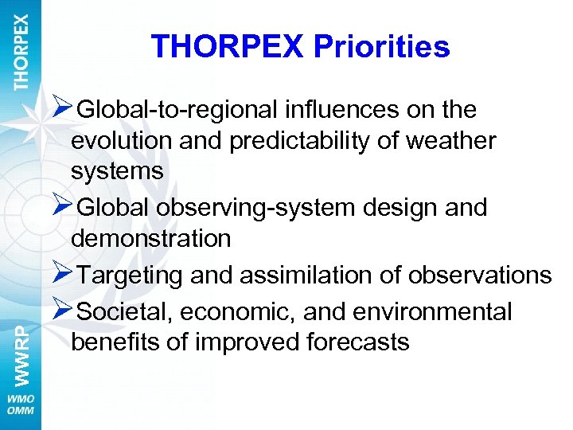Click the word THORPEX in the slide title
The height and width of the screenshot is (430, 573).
click(x=227, y=47)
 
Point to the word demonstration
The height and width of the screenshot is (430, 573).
click(x=150, y=237)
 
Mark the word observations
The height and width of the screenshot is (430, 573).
click(x=479, y=275)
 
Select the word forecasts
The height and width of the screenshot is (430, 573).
click(x=357, y=342)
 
